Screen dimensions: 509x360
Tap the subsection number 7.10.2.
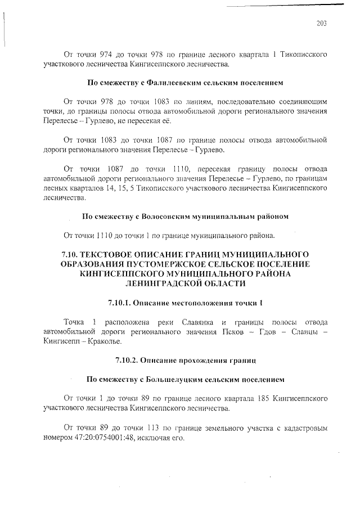tap(127, 361)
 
